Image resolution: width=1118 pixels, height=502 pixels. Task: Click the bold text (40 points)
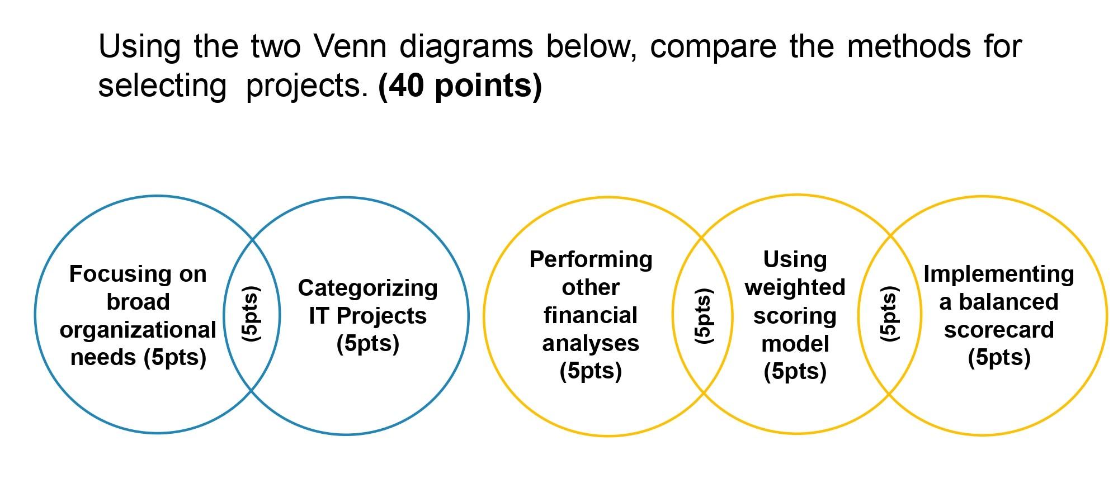460,86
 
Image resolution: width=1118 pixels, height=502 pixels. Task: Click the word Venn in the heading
350,46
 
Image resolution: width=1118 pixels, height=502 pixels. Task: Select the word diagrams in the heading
466,46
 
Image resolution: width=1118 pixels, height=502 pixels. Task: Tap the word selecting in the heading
162,86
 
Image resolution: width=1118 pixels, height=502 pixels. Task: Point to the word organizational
138,330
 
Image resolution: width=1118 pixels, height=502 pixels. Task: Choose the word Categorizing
367,288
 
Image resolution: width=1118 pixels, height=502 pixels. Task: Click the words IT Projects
367,316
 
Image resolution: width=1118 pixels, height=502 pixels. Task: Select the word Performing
591,259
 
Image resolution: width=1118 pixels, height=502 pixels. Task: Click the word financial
591,315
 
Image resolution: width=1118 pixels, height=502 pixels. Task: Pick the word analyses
591,343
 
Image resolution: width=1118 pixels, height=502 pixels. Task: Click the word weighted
795,287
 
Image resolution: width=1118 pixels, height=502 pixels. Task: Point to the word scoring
795,316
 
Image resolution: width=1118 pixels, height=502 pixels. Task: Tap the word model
795,344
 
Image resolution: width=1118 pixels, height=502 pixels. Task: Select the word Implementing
998,274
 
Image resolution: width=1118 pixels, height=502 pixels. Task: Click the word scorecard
999,330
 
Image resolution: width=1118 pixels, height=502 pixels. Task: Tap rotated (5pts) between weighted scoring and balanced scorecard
889,314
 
